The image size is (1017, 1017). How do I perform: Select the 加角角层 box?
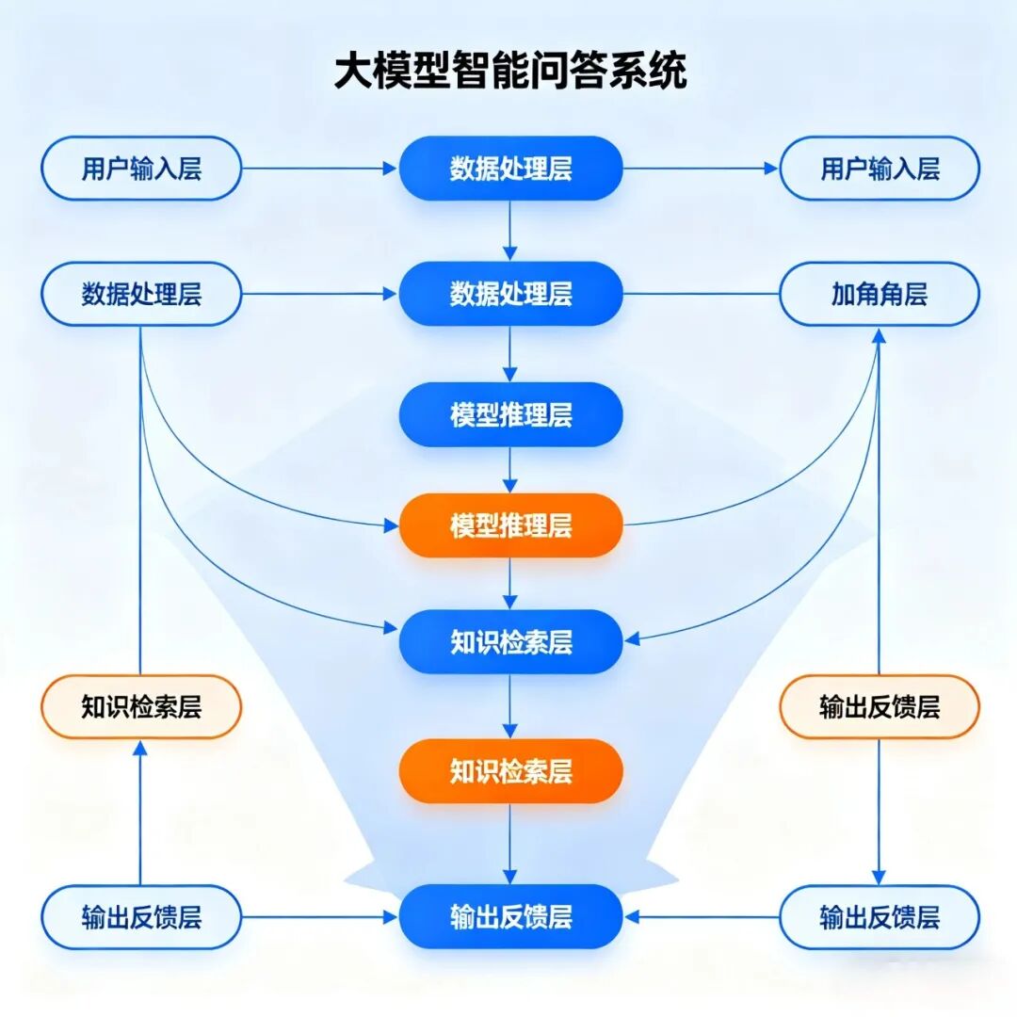880,294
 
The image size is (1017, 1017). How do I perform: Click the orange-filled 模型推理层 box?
510,525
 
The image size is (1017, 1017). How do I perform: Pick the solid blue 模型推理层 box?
510,414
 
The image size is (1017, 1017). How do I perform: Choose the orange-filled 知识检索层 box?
510,771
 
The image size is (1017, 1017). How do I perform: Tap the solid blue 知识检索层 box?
510,641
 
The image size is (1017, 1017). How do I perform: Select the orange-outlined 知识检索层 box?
141,707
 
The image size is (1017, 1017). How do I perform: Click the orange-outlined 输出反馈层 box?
880,707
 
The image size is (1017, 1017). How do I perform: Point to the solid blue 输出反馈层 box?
510,916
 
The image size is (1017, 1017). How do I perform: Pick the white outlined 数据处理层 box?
141,294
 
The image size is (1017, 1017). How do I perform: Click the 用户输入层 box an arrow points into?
880,169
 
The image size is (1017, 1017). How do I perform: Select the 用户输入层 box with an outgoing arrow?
141,169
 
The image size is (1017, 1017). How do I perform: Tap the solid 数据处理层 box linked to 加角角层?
510,294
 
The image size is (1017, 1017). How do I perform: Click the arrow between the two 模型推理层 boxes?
510,469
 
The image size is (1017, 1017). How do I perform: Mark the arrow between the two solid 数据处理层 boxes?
510,231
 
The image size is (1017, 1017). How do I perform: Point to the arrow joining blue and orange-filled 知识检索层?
510,706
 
